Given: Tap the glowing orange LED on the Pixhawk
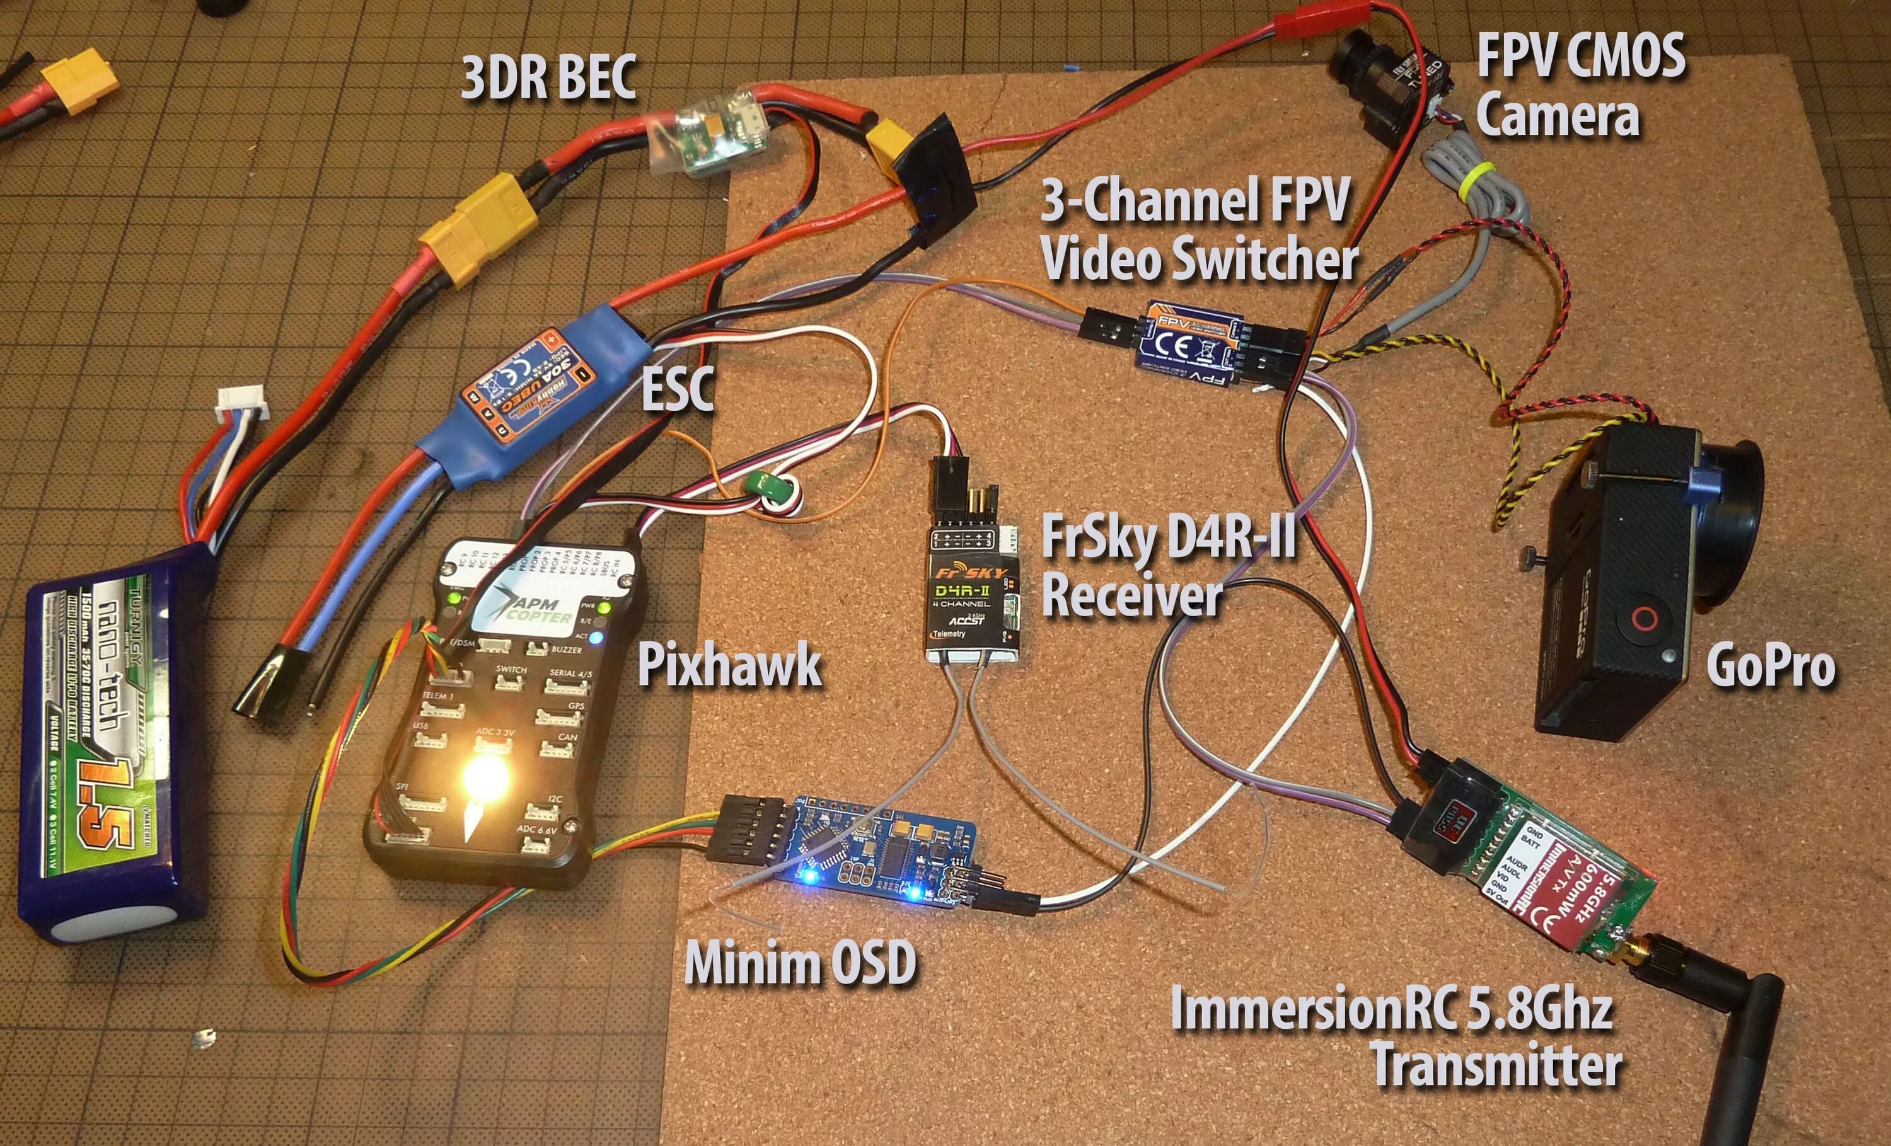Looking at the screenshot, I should (484, 776).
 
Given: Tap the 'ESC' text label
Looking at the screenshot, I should (677, 388).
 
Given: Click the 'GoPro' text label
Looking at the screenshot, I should (1771, 666).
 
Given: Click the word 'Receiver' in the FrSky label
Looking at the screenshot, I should (1132, 596).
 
